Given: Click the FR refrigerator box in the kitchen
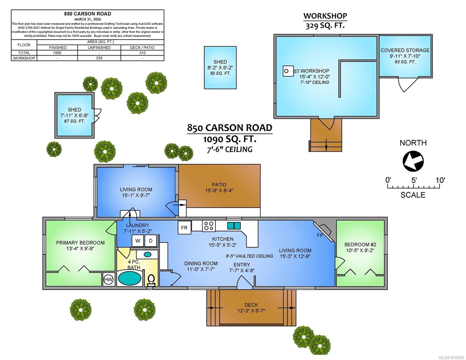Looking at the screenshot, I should pyautogui.click(x=184, y=228).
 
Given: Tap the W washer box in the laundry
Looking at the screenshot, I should pyautogui.click(x=138, y=241).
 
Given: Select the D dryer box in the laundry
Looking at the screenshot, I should pyautogui.click(x=151, y=241).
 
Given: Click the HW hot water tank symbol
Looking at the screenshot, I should pyautogui.click(x=108, y=280).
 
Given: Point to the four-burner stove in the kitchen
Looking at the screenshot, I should pyautogui.click(x=209, y=226).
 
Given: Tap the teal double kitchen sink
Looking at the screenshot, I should pyautogui.click(x=234, y=226).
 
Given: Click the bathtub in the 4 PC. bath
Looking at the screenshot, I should pyautogui.click(x=130, y=278).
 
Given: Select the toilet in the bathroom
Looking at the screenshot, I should pyautogui.click(x=151, y=280).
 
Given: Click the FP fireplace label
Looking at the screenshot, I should pyautogui.click(x=320, y=235).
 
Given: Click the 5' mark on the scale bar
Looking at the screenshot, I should pyautogui.click(x=414, y=180).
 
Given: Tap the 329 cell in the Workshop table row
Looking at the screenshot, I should pyautogui.click(x=99, y=58).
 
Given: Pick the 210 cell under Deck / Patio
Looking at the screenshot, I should pyautogui.click(x=142, y=53).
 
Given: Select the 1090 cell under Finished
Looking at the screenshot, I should pyautogui.click(x=57, y=53).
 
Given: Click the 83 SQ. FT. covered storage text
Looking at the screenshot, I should pyautogui.click(x=405, y=62).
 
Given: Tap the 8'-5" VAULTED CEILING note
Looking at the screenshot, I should pyautogui.click(x=249, y=256).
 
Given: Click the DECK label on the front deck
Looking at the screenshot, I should pyautogui.click(x=251, y=305).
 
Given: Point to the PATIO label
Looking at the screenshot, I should pyautogui.click(x=219, y=184).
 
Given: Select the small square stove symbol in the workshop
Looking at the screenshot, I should pyautogui.click(x=287, y=71).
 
